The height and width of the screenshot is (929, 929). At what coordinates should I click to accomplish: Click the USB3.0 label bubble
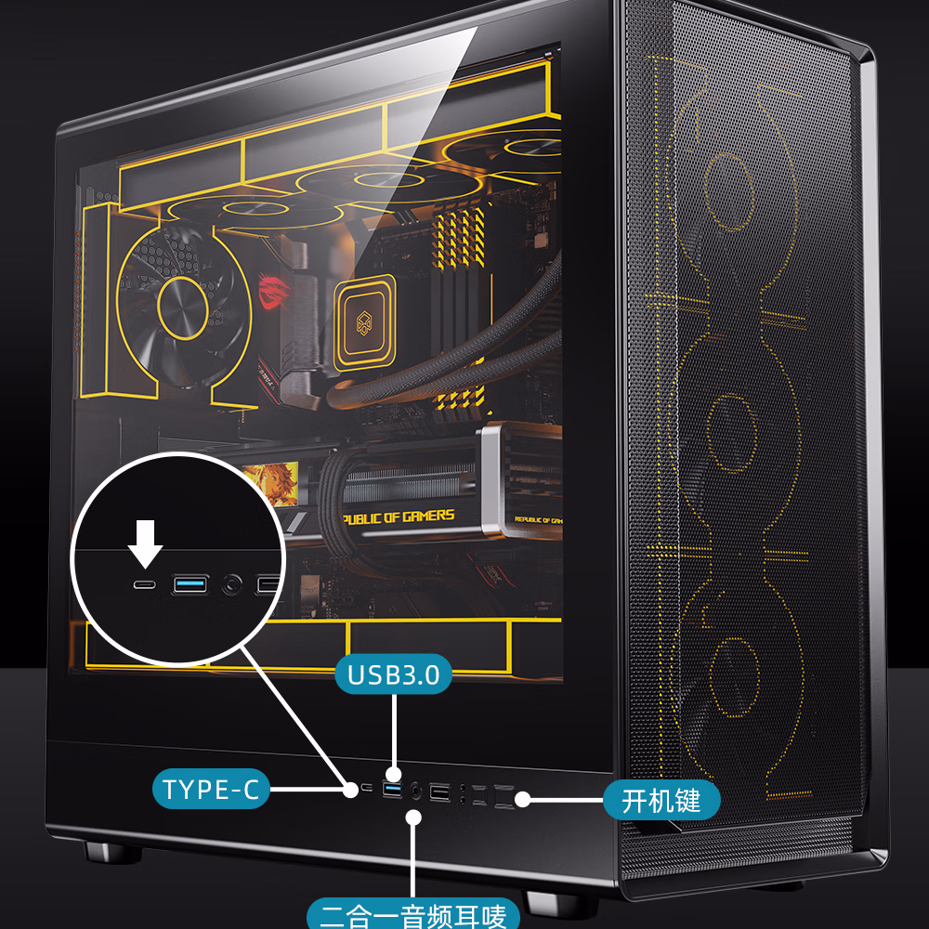coord(393,674)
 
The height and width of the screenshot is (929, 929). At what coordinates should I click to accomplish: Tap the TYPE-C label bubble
coord(211,791)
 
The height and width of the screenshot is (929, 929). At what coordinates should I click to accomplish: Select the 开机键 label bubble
coord(661,799)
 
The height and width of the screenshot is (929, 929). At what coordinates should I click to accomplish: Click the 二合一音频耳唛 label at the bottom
coord(412,915)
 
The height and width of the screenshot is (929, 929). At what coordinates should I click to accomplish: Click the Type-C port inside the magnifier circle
coord(145,585)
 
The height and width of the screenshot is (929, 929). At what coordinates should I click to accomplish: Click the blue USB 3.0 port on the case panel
coord(392,791)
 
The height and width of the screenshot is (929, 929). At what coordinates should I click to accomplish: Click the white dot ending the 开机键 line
coord(523,798)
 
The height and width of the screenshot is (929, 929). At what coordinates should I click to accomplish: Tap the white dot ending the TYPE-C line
coord(350,790)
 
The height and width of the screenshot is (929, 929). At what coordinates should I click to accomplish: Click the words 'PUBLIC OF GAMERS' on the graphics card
coord(400,517)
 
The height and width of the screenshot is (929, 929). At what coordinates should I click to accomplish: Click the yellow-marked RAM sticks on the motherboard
coord(460,279)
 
